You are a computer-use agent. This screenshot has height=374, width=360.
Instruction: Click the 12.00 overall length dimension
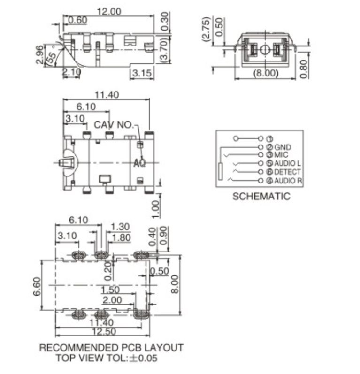(109, 11)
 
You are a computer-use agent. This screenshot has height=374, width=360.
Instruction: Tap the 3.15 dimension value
(141, 73)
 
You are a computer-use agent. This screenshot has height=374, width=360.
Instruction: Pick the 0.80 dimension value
(304, 68)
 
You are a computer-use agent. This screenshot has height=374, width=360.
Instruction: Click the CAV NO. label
(113, 125)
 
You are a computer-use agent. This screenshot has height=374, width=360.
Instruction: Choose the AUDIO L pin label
(288, 164)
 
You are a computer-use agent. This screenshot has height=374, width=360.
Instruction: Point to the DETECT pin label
(287, 172)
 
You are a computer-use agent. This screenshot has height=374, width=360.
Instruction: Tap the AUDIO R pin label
(288, 181)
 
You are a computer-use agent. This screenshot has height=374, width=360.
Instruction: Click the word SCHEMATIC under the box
(261, 196)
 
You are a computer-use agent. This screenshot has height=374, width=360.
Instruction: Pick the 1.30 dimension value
(121, 228)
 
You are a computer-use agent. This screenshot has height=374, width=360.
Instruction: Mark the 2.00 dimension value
(112, 300)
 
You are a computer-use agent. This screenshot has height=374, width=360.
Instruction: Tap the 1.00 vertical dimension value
(156, 208)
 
